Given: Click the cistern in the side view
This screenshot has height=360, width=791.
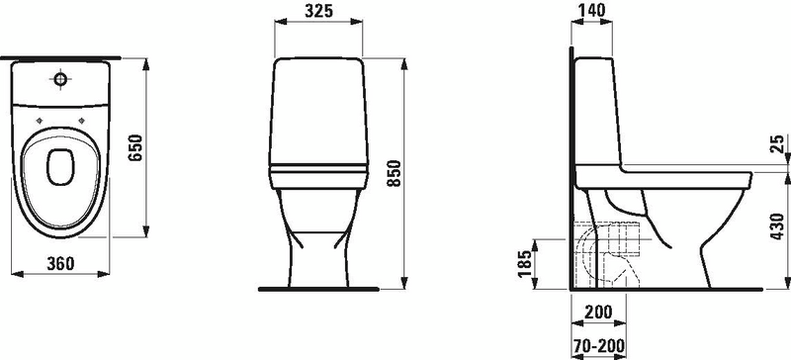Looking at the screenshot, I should coord(597,109).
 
